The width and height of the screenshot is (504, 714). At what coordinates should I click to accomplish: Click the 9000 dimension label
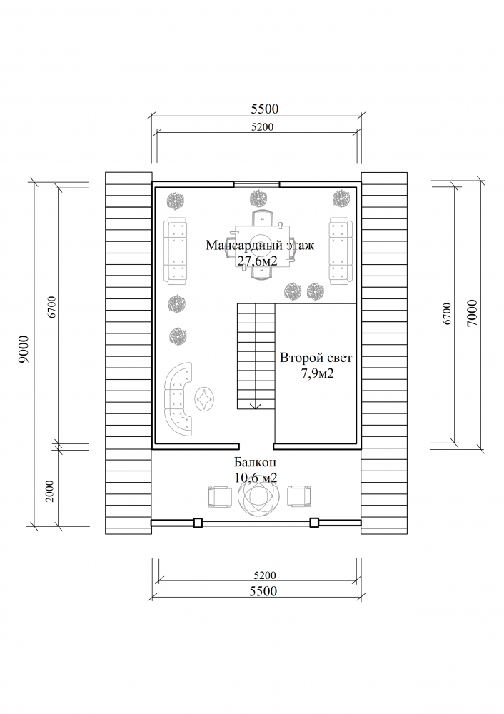tap(24, 349)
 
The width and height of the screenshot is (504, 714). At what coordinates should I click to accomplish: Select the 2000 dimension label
tap(50, 491)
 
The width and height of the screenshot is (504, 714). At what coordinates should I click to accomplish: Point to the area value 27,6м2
tap(257, 261)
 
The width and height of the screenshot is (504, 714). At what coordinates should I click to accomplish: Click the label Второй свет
tap(316, 358)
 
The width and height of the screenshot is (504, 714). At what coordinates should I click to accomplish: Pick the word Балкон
tap(255, 462)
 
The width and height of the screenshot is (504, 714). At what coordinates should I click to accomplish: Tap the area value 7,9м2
tap(317, 374)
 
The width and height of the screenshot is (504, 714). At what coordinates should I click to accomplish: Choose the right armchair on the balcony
tap(300, 497)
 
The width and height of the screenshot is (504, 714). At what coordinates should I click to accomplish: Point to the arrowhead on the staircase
tap(256, 406)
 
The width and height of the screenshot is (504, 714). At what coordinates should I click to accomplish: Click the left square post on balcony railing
tap(198, 523)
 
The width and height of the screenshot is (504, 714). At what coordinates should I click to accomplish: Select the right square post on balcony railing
tap(313, 523)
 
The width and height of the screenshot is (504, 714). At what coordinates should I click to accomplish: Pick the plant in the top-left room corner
tap(176, 199)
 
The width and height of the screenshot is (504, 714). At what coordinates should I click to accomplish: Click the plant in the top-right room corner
tap(341, 198)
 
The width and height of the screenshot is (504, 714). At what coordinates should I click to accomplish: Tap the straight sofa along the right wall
tap(341, 251)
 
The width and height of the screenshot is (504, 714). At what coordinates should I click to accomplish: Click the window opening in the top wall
tap(256, 184)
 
